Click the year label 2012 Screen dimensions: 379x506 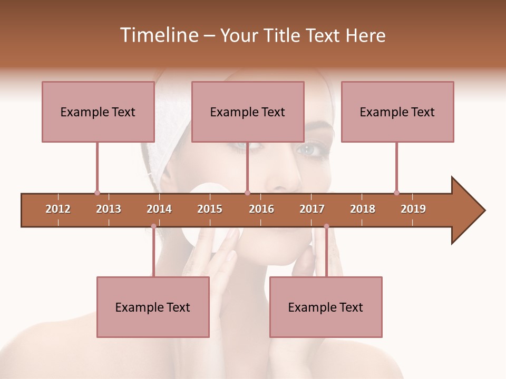[58, 209]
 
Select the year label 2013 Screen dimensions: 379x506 [109, 209]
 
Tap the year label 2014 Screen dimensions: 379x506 [159, 209]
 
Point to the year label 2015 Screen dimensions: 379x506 [210, 209]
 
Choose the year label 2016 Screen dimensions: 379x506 [261, 209]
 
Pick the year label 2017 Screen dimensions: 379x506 [312, 209]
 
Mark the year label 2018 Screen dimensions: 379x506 [363, 209]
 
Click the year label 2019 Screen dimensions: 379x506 [413, 209]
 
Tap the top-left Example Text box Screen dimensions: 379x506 [98, 112]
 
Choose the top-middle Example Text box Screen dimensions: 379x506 [248, 112]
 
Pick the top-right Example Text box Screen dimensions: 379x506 [397, 112]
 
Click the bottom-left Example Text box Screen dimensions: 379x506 [153, 307]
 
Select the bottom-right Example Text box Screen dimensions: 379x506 [326, 307]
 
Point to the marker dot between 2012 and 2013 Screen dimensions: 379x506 [97, 193]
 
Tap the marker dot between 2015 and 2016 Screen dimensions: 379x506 [247, 193]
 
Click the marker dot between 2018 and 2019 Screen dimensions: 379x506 [396, 193]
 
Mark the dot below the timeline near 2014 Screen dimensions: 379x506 [153, 226]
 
